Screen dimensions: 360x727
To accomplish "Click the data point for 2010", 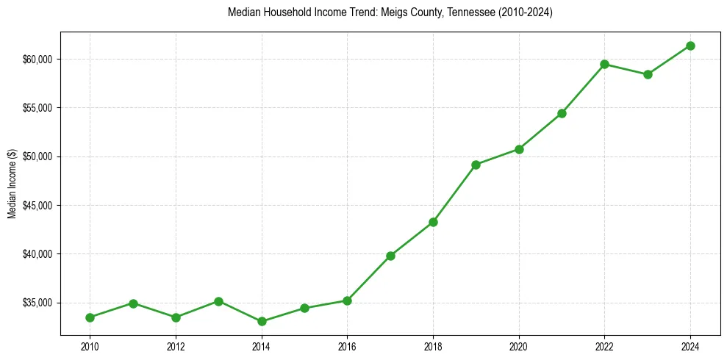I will (x=90, y=317).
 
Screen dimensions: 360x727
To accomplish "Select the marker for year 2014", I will (x=262, y=321).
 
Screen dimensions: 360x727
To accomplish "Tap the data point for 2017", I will (x=390, y=256).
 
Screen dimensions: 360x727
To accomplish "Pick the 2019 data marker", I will (x=476, y=165).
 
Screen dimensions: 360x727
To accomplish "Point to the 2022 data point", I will (x=605, y=64).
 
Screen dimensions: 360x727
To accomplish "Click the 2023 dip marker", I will (x=648, y=74).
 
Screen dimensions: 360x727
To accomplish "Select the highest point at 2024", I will (x=691, y=46).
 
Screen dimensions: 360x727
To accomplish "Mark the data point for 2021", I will (x=562, y=113).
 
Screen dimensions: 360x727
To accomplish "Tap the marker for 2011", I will (x=133, y=303).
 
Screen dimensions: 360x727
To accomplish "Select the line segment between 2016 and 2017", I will (x=369, y=278).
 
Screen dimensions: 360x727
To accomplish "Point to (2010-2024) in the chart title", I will (x=522, y=12).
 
